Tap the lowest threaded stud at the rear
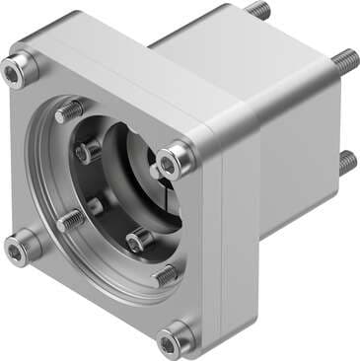(x=347, y=159)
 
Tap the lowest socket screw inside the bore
(x=139, y=241)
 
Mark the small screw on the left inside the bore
(x=95, y=205)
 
